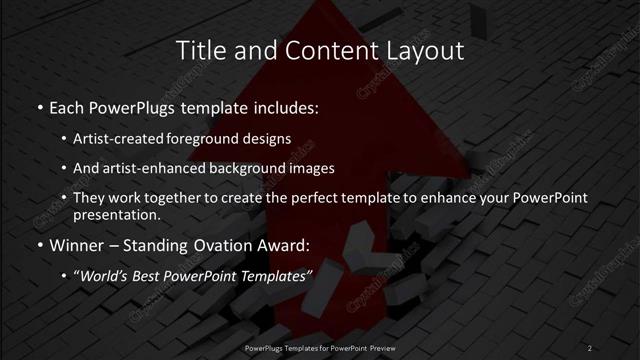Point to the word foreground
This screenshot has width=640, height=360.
223,138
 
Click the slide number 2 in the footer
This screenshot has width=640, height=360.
590,347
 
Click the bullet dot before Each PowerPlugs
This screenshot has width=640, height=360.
39,107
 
